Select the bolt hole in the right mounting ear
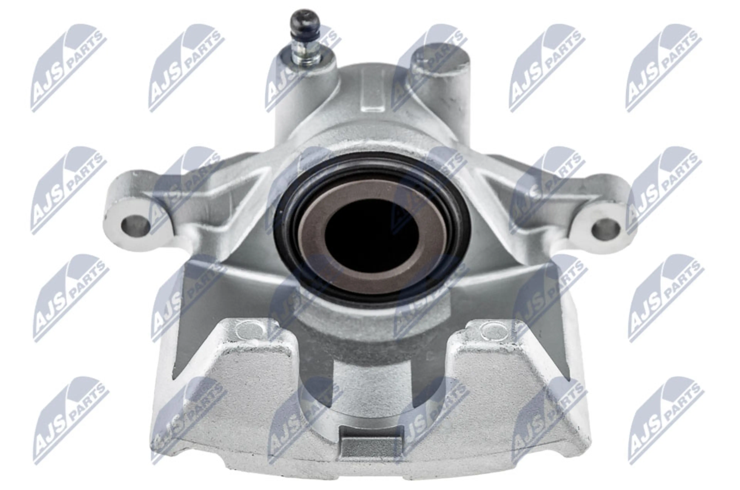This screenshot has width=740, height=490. tap(605, 228)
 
